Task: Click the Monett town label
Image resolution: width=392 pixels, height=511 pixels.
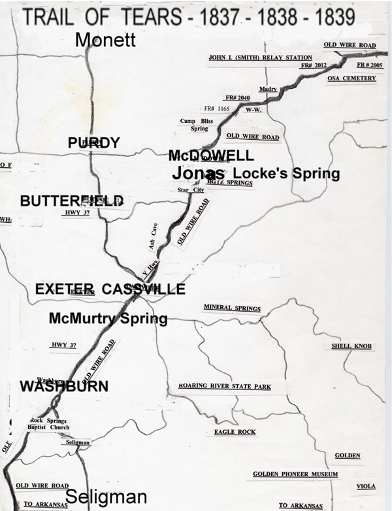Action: tap(105, 41)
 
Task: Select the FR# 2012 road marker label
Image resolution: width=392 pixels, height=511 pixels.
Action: tap(313, 66)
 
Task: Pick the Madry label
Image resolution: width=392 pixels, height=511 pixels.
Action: tap(269, 89)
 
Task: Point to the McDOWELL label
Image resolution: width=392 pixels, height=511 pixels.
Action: tap(210, 156)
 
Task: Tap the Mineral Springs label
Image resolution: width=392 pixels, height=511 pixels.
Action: tap(232, 308)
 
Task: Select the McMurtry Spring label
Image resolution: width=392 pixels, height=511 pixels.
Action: tap(108, 319)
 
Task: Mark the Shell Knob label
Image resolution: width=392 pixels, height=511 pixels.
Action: tap(351, 346)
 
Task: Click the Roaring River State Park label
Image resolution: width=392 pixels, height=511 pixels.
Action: tap(224, 387)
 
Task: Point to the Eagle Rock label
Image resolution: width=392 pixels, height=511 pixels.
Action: tap(235, 432)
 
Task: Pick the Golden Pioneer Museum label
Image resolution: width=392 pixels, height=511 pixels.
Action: tap(295, 474)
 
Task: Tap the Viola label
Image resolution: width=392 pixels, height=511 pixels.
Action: tap(366, 487)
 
